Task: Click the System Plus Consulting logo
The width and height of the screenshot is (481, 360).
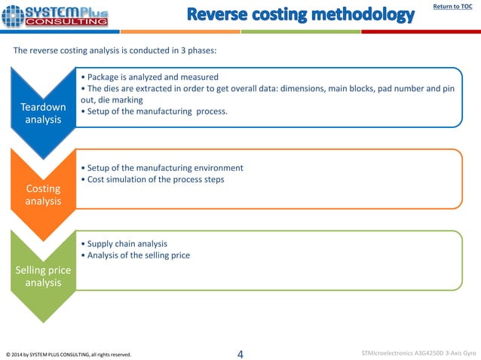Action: pos(55,16)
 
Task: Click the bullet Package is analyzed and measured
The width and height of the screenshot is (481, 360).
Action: pos(152,77)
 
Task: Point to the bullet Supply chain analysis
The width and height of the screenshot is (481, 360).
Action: pos(127,244)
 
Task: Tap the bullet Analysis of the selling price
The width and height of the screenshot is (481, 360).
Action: pos(139,255)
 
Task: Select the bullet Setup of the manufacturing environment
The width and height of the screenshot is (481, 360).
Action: pos(164,167)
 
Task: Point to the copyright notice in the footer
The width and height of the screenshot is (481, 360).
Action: pos(68,354)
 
